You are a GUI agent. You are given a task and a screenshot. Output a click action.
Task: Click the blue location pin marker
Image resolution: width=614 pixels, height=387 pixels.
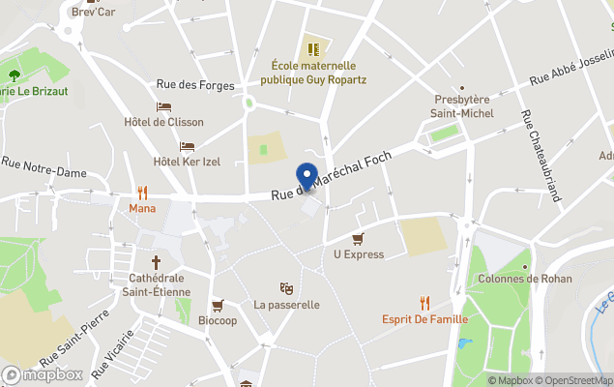pyautogui.click(x=307, y=176)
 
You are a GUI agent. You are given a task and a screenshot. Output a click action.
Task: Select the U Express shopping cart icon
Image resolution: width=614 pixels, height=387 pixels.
pyautogui.click(x=358, y=239)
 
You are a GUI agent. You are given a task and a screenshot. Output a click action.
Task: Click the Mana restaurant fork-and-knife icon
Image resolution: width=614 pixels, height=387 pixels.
pyautogui.click(x=143, y=192)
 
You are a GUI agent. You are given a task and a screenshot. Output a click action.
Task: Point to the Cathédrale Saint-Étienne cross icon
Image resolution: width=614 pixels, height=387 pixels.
pyautogui.click(x=157, y=262)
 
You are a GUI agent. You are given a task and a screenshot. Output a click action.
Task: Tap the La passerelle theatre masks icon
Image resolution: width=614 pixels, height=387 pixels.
pyautogui.click(x=286, y=288)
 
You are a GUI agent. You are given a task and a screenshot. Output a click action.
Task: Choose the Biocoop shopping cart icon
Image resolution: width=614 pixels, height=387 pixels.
pyautogui.click(x=218, y=305)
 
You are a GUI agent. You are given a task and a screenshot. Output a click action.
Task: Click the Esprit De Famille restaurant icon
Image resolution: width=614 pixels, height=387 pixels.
pyautogui.click(x=424, y=304)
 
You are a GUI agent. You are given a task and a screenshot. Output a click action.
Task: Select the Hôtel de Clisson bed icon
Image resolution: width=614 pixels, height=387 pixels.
pyautogui.click(x=164, y=106)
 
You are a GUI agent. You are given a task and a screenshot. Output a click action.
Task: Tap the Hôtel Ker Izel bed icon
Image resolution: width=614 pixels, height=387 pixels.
pyautogui.click(x=187, y=146)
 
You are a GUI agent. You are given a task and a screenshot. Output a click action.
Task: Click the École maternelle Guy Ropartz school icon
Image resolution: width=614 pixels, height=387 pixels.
pyautogui.click(x=312, y=46)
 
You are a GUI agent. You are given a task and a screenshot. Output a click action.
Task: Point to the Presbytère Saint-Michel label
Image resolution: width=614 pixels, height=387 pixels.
pyautogui.click(x=462, y=106)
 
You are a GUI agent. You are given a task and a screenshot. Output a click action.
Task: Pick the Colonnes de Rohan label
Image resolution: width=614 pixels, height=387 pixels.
pyautogui.click(x=525, y=279)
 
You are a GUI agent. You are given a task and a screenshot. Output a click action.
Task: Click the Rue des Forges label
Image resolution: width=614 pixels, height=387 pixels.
pyautogui.click(x=202, y=85)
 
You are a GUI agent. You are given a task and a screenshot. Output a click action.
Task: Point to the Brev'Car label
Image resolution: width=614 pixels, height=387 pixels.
pyautogui.click(x=93, y=12)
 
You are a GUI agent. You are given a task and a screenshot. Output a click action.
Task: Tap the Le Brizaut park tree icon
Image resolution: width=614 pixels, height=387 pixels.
pyautogui.click(x=15, y=74)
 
